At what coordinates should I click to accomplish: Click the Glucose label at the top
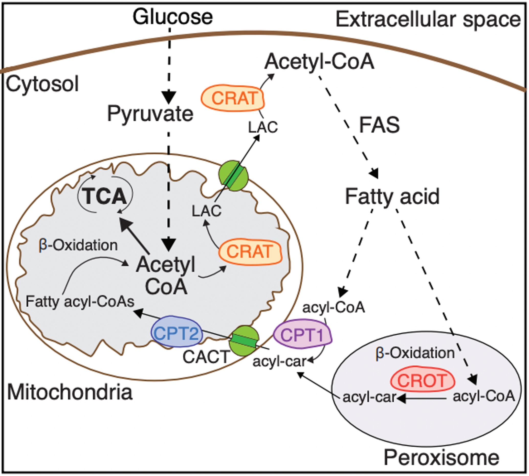(x=173, y=17)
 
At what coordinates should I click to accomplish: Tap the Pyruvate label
(x=150, y=114)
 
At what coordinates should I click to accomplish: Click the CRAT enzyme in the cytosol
(x=233, y=98)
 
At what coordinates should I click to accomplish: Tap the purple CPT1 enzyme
(x=302, y=335)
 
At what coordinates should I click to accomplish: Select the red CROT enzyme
(x=422, y=381)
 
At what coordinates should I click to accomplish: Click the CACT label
(x=206, y=357)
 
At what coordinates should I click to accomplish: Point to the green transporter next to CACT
(x=244, y=341)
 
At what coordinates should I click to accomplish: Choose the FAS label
(x=379, y=125)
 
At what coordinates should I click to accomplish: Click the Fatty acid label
(x=392, y=197)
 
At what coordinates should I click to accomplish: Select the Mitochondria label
(x=70, y=392)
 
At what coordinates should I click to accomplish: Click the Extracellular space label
(x=428, y=20)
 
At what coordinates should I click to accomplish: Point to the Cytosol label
(x=42, y=84)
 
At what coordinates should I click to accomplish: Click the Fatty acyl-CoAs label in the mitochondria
(x=80, y=302)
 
